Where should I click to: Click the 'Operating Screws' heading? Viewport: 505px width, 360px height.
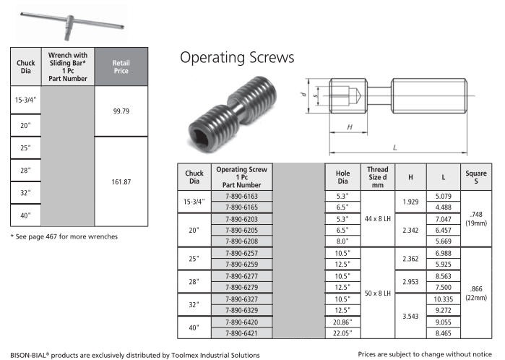pyautogui.click(x=237, y=58)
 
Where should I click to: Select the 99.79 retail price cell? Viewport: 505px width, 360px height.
pyautogui.click(x=121, y=111)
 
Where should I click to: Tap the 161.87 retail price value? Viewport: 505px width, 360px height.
pyautogui.click(x=121, y=181)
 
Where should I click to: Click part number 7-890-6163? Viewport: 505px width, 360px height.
pyautogui.click(x=241, y=196)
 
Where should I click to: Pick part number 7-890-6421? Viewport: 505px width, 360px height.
pyautogui.click(x=241, y=333)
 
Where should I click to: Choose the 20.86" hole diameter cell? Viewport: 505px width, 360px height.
pyautogui.click(x=342, y=322)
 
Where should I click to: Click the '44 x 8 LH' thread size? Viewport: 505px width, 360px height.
pyautogui.click(x=377, y=219)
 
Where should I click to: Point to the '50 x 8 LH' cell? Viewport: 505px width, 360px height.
pyautogui.click(x=377, y=293)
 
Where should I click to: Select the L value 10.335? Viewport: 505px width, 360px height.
pyautogui.click(x=443, y=299)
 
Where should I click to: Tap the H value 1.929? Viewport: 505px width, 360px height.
pyautogui.click(x=410, y=202)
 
